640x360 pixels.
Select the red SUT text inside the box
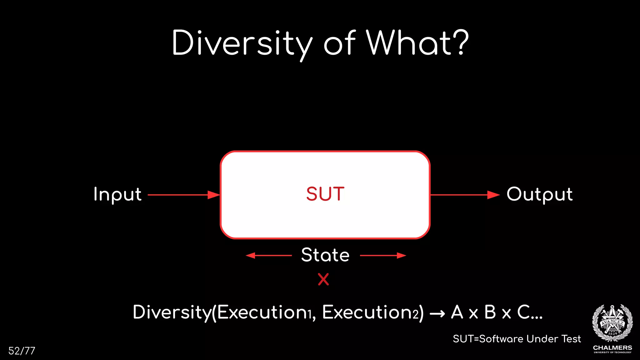pos(325,194)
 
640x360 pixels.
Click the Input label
pos(117,194)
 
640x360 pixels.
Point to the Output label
pos(540,194)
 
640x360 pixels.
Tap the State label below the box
pos(325,255)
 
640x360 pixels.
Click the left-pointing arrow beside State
pos(269,256)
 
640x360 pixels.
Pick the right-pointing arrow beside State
pos(383,256)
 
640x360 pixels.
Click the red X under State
pos(323,279)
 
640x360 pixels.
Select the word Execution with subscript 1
pos(264,312)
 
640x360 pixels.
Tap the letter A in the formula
pos(457,312)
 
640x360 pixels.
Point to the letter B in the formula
pos(490,312)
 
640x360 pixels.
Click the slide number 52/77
pos(22,351)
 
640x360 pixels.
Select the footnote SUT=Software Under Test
pos(517,339)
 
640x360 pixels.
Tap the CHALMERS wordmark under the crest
pos(612,348)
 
